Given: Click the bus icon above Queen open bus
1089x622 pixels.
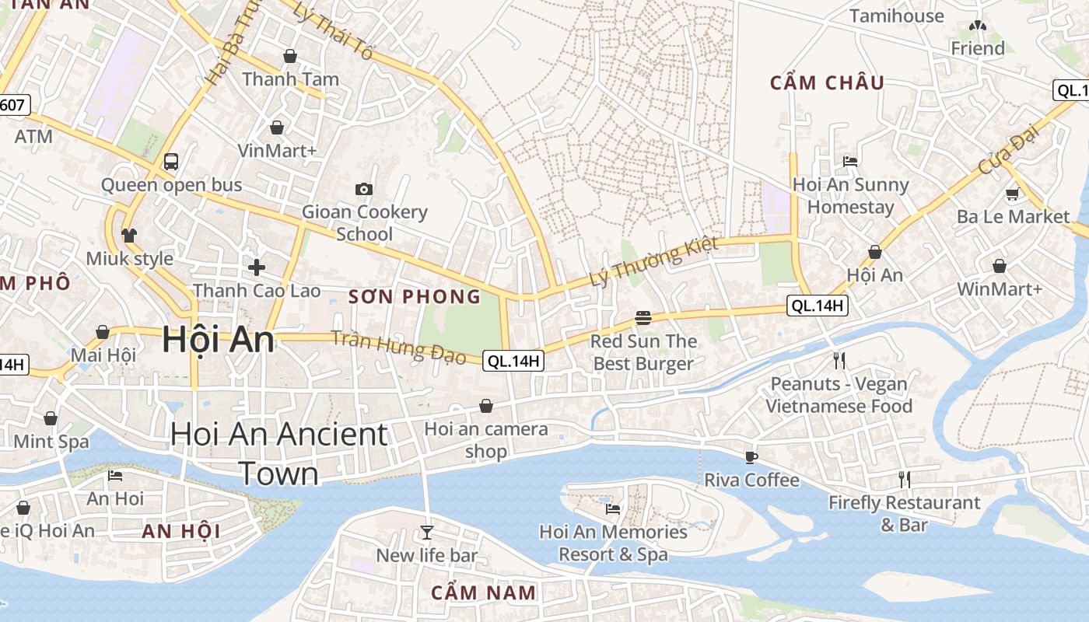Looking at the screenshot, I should (171, 162).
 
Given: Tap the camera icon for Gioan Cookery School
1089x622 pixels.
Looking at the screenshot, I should (363, 189).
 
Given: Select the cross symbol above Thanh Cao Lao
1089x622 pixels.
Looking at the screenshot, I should (257, 267).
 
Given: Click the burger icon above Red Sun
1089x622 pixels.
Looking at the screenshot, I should (643, 317).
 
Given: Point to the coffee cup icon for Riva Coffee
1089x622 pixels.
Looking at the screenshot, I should (751, 456).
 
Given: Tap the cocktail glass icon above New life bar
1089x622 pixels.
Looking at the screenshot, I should (426, 532).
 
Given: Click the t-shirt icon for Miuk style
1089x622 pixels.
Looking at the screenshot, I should (129, 235).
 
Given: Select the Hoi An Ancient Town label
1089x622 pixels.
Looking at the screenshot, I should (278, 453).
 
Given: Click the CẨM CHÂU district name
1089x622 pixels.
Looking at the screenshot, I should (827, 82).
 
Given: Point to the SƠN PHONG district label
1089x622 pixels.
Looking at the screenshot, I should (415, 296).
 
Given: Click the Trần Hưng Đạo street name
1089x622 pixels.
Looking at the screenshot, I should (398, 347).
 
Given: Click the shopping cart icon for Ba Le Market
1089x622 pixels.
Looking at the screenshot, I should (1012, 194).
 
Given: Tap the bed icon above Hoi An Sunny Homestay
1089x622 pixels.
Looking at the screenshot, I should (850, 162).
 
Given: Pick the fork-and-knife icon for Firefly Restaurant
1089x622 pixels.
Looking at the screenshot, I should (904, 479).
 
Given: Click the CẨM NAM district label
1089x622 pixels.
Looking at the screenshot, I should (484, 592).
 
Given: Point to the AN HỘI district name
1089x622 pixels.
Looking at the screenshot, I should (180, 532).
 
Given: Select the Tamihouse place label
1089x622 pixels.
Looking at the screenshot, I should (896, 16).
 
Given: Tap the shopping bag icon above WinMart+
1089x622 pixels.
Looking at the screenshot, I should (1000, 266).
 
